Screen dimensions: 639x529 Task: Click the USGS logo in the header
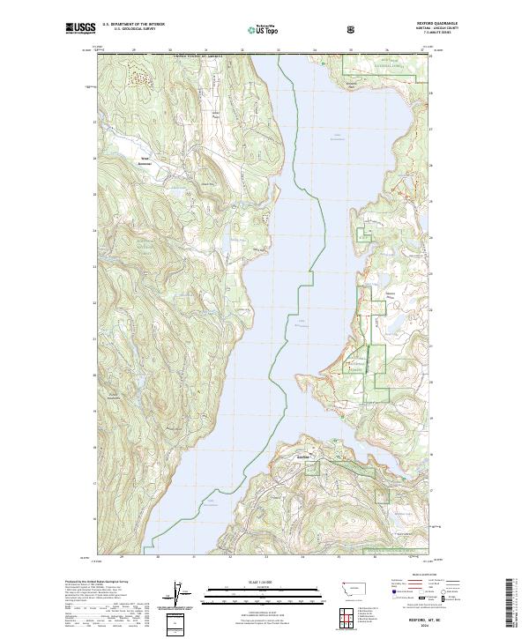(80, 28)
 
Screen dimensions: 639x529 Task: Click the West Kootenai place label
(145, 162)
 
